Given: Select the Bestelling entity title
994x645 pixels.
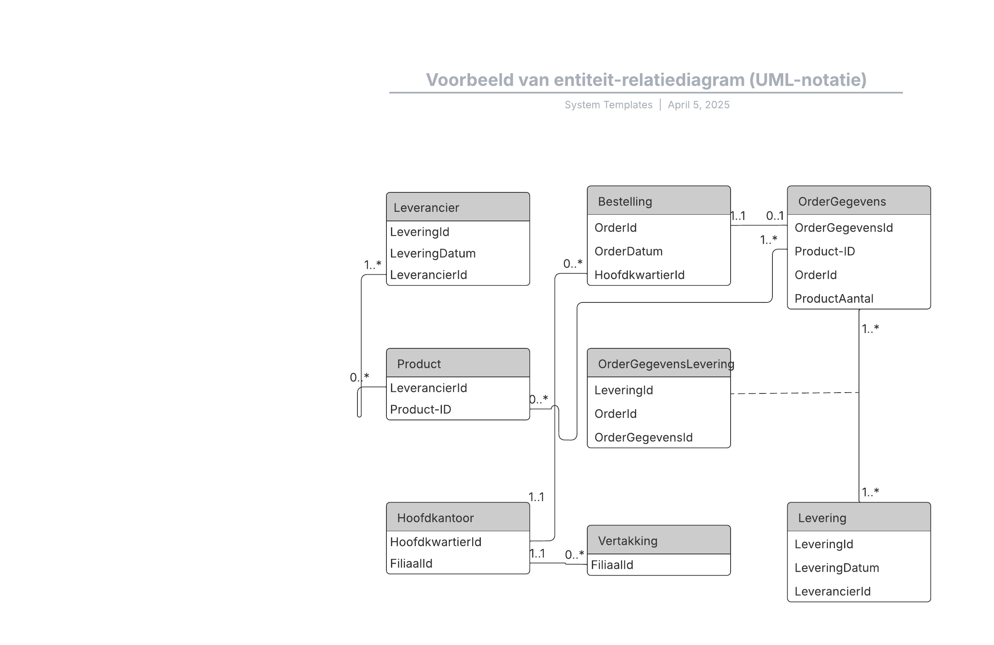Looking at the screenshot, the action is pos(625,201).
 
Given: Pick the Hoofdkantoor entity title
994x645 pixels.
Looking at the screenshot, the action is pos(435,518).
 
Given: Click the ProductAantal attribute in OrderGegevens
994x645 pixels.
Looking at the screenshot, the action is pos(834,299).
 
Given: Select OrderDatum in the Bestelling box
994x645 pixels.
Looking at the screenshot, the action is pos(628,252).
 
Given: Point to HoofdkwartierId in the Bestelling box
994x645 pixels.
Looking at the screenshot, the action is pos(639,275).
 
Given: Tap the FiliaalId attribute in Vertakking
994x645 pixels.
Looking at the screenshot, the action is pos(612,565).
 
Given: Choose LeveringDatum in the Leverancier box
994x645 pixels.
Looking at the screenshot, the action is pos(433,254).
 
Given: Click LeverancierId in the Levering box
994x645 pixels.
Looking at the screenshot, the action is pos(832,592).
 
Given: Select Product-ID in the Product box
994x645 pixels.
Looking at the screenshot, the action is pos(420,410).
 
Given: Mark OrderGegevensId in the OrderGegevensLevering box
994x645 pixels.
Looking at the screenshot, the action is pos(643,437).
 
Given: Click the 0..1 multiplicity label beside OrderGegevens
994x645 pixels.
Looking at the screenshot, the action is pos(775,216).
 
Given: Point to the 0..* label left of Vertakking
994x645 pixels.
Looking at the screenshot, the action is pos(574,554).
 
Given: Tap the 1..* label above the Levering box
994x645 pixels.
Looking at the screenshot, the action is pos(871,492).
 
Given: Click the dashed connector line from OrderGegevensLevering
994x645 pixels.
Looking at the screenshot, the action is pos(795,393).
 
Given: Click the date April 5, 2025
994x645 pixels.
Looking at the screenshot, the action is pos(698,105).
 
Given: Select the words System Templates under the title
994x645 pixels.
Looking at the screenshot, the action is pos(608,105).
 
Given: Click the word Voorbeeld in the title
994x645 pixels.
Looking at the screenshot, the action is pos(470,80).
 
